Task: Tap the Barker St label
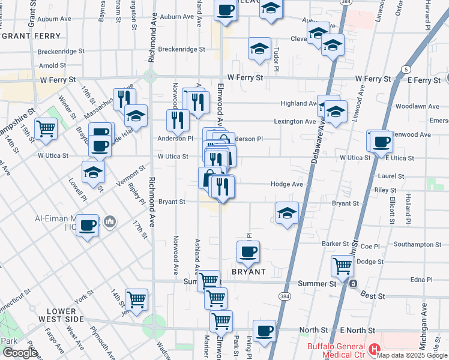tap(335, 244)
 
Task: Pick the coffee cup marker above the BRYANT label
tap(248, 251)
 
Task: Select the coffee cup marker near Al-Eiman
tap(87, 226)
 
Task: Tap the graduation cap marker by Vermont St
tap(93, 172)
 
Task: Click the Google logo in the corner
tap(20, 353)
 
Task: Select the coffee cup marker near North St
tap(264, 331)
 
